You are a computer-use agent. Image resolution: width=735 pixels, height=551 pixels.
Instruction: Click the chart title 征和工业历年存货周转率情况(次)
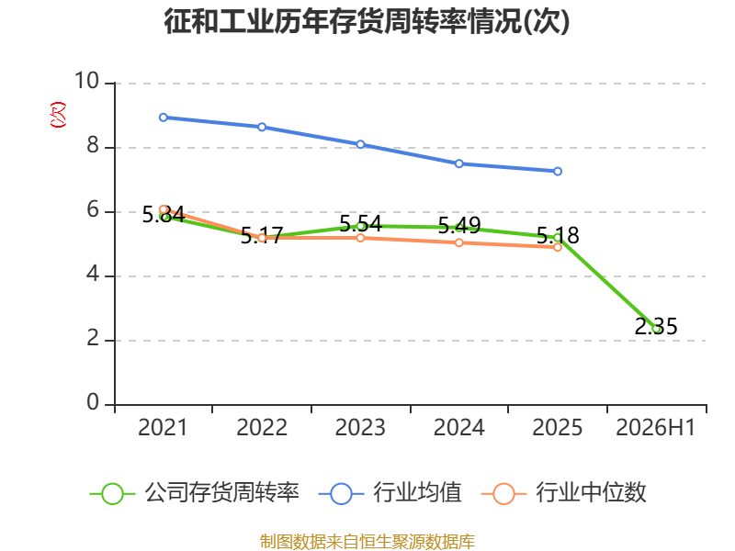tap(367, 21)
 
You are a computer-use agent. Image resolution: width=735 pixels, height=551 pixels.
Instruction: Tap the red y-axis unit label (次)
tap(58, 115)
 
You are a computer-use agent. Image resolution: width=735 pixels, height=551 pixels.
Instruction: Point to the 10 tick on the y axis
tap(87, 81)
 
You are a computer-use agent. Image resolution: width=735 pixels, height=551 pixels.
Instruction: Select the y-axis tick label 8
tap(93, 146)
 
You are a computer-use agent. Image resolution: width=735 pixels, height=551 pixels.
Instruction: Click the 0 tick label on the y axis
tap(93, 402)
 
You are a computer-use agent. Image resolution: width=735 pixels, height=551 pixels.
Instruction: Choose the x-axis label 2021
tap(163, 428)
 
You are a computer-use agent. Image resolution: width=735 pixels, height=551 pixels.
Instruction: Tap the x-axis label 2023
tap(360, 428)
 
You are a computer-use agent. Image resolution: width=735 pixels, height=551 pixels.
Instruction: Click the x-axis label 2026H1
tap(655, 428)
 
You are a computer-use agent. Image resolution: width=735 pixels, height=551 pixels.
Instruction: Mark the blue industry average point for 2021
tap(164, 118)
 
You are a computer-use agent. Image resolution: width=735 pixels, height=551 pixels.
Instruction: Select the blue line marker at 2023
tap(360, 144)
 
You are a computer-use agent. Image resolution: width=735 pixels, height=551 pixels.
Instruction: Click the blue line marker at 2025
tap(558, 172)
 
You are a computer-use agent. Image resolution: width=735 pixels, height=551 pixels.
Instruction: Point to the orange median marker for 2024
tap(458, 242)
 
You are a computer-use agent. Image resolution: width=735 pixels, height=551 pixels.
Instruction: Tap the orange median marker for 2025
tap(558, 247)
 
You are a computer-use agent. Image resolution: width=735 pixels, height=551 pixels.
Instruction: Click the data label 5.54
tap(360, 224)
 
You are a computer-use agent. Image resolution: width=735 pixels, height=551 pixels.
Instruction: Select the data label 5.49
tap(459, 226)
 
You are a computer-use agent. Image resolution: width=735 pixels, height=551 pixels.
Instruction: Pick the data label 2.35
tap(656, 326)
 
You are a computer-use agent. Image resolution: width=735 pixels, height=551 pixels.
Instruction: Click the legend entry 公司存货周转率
tap(194, 493)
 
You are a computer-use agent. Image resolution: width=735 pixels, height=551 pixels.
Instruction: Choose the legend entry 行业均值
tap(390, 493)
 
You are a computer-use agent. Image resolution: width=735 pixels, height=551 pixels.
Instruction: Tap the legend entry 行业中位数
tap(564, 493)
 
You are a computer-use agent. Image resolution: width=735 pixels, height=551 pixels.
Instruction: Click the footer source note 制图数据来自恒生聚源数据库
tap(367, 542)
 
